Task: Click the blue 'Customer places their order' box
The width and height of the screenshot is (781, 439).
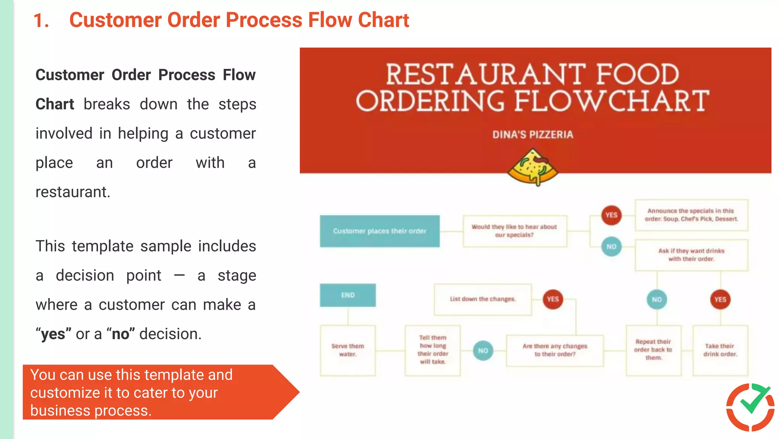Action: pos(379,231)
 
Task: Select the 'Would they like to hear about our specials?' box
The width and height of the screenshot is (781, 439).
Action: pos(514,231)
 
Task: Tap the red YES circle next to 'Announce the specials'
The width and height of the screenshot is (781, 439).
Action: pos(611,215)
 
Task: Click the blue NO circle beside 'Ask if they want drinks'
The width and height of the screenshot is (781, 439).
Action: pos(611,247)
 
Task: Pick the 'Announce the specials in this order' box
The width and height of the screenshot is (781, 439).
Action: pos(691,215)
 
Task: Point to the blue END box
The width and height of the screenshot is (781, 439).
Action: pos(348,295)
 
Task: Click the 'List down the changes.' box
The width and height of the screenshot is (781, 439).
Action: pos(482,299)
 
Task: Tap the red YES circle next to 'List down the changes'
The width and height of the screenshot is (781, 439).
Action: pos(553,299)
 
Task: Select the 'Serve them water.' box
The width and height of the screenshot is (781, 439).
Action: pos(348,350)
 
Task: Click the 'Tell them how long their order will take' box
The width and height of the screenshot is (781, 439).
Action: pos(432,350)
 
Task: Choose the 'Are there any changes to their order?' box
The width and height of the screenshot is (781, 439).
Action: pos(554,350)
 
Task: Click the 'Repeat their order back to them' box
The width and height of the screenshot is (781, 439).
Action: pos(653,350)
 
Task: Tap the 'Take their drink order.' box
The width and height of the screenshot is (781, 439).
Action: pos(720,350)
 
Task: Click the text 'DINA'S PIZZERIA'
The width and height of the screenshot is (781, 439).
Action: pos(532,135)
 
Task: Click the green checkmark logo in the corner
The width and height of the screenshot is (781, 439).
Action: pos(750,406)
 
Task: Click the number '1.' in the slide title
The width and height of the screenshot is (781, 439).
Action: pos(41,21)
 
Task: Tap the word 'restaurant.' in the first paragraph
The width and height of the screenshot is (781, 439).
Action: pos(73,192)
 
